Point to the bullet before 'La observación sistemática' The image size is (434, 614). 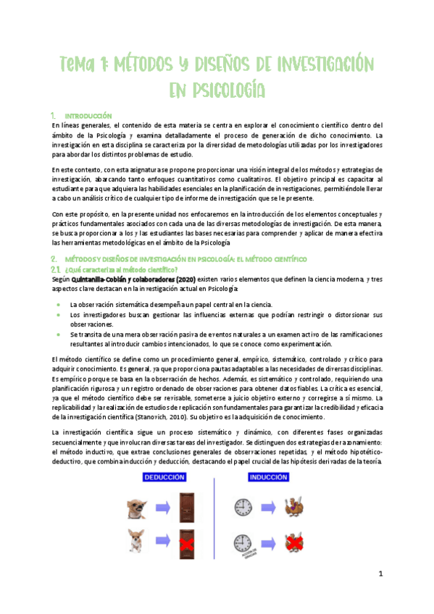(58, 305)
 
